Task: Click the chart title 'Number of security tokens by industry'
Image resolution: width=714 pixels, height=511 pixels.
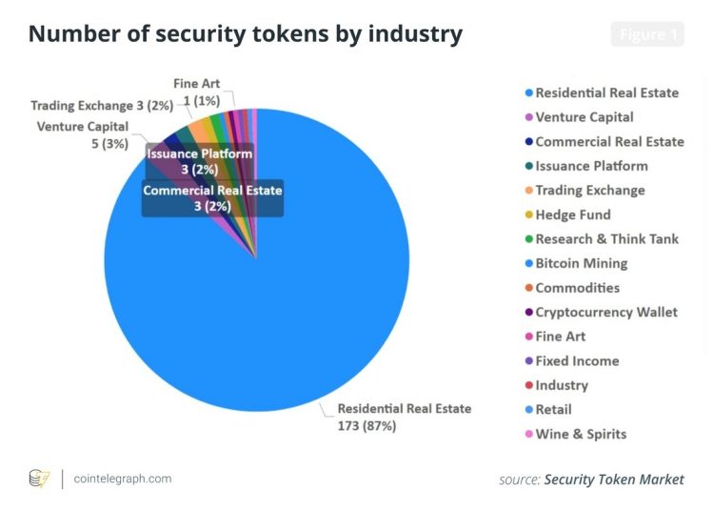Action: click(x=246, y=35)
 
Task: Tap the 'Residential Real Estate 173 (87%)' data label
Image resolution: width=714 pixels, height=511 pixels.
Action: click(x=405, y=417)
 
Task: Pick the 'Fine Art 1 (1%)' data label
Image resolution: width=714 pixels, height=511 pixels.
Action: click(x=197, y=92)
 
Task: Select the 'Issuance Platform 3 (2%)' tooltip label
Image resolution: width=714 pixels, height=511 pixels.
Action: click(x=199, y=161)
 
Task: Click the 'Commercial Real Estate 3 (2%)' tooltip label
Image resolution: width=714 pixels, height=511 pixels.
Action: click(x=212, y=197)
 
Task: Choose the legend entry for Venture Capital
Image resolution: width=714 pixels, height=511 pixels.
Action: click(x=584, y=117)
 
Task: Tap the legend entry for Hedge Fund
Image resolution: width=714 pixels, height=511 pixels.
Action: click(x=572, y=215)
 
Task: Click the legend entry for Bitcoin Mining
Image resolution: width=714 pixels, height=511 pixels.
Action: click(x=581, y=263)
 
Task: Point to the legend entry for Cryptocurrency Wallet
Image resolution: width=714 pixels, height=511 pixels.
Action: click(x=606, y=312)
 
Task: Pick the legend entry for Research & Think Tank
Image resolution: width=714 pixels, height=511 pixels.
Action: click(x=606, y=238)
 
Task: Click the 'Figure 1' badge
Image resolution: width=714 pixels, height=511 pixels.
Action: click(x=646, y=34)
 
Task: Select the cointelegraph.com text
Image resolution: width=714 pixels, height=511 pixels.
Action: click(x=123, y=479)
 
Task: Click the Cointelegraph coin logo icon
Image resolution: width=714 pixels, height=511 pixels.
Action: click(x=39, y=479)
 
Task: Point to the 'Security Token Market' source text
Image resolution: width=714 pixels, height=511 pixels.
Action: click(x=613, y=480)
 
